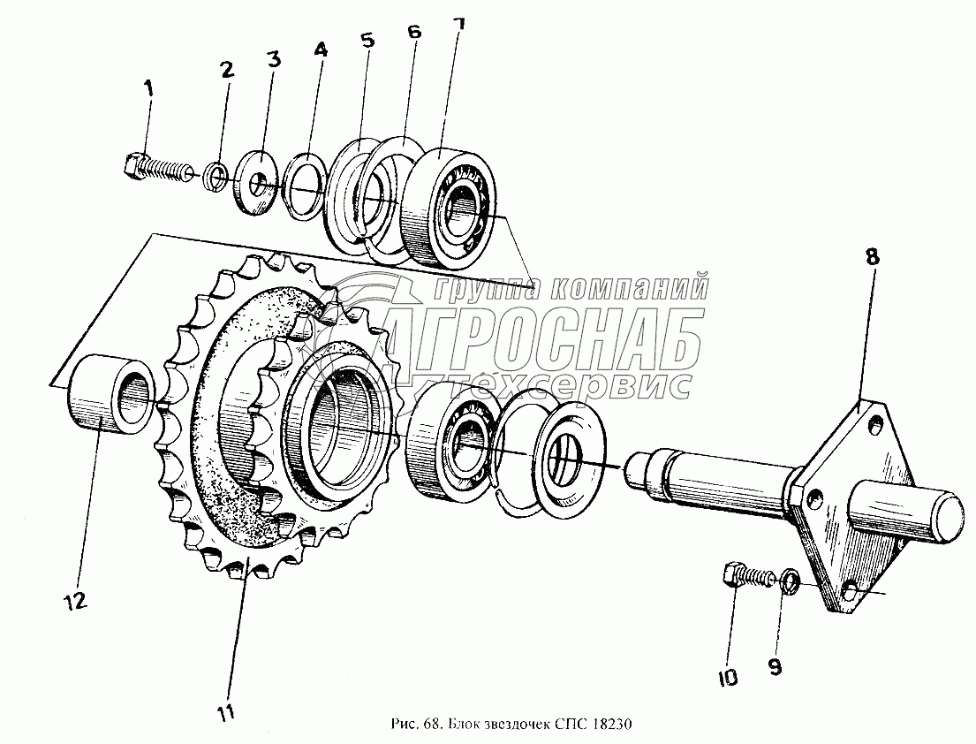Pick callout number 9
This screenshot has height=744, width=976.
click(775, 668)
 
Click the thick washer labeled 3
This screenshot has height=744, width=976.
click(258, 183)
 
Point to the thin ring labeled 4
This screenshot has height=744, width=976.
click(303, 187)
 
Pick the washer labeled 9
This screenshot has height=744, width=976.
click(791, 582)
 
